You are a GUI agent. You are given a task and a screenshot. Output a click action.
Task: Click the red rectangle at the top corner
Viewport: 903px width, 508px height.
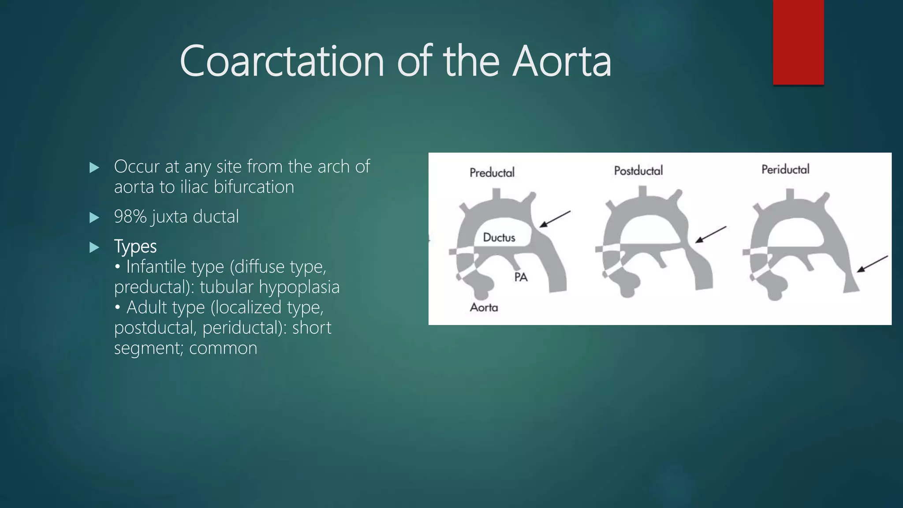[798, 42]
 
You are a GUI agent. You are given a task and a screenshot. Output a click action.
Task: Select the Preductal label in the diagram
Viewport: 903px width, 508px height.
[492, 172]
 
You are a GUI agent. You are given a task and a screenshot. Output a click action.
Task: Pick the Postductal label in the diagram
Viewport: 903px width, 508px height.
[638, 171]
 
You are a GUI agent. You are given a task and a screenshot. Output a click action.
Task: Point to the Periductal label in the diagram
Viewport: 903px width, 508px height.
[785, 169]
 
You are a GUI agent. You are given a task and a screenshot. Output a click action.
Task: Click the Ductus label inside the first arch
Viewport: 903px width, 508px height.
[499, 238]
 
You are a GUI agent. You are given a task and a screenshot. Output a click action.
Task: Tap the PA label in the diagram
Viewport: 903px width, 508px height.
[521, 277]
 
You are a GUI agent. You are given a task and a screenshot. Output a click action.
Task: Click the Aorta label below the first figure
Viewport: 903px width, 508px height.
[484, 307]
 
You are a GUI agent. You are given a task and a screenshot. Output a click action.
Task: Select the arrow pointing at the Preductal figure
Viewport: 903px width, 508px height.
[555, 219]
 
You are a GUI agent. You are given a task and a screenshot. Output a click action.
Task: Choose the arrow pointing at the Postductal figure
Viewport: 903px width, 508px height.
[710, 235]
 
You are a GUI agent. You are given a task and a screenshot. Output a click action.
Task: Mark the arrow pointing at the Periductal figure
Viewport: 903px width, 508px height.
[872, 264]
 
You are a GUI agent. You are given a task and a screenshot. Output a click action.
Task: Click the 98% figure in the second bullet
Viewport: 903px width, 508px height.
[130, 217]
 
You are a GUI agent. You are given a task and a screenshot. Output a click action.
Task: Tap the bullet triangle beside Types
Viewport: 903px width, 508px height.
[94, 247]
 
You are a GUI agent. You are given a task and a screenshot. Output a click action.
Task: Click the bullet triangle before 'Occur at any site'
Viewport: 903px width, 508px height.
[94, 168]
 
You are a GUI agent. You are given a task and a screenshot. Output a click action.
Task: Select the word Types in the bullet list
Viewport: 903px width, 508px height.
[135, 247]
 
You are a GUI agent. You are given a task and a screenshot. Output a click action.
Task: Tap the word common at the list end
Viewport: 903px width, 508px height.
[223, 348]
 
